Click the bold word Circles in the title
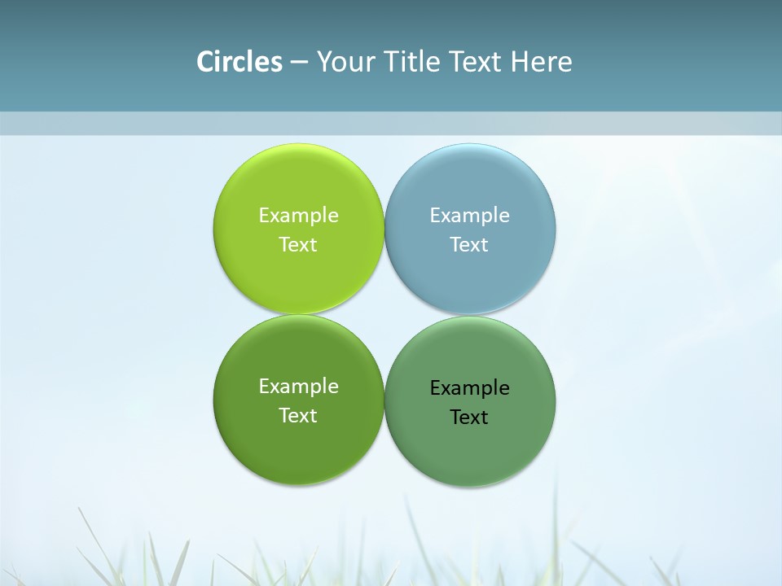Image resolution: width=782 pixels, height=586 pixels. [239, 62]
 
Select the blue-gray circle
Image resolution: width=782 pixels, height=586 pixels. [470, 277]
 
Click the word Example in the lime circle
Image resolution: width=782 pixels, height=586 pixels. [298, 216]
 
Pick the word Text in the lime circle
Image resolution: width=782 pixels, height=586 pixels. [298, 245]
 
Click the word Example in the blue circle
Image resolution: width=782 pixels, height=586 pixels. [469, 216]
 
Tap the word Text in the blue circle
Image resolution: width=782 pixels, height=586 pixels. [469, 245]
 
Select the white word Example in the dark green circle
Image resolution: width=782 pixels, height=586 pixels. [298, 387]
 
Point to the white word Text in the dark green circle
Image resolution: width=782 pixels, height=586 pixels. [298, 416]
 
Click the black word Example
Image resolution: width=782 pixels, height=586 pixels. [469, 388]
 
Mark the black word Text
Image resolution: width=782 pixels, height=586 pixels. [469, 418]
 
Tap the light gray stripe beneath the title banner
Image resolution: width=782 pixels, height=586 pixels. [391, 124]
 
